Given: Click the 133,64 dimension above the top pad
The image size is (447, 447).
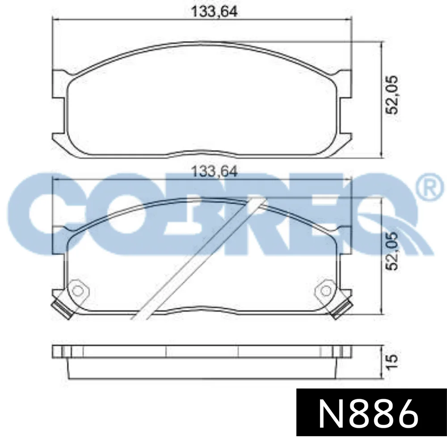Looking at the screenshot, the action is click(x=214, y=12).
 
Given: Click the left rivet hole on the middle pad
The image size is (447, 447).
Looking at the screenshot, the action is click(x=77, y=291).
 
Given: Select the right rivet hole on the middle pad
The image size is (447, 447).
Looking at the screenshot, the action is click(x=326, y=291).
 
